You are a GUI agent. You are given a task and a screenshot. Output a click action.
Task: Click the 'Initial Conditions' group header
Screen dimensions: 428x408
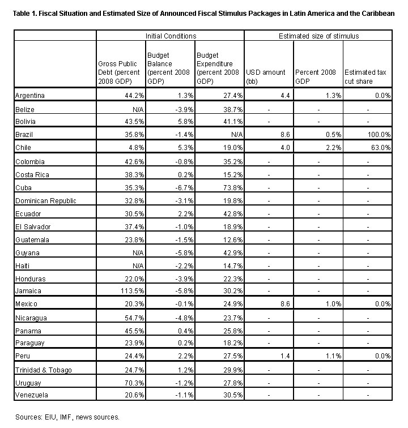tap(171, 36)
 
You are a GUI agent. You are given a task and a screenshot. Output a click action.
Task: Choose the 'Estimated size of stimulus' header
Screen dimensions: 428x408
tap(318, 36)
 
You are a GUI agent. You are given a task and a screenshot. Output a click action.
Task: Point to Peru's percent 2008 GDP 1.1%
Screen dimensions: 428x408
tap(333, 356)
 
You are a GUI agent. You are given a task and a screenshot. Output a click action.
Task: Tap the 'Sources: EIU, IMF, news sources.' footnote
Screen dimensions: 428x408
tap(67, 417)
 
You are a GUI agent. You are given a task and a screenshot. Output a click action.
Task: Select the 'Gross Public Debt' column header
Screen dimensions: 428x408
tap(120, 72)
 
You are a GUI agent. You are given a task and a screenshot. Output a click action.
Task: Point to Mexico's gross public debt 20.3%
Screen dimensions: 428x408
tap(130, 304)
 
